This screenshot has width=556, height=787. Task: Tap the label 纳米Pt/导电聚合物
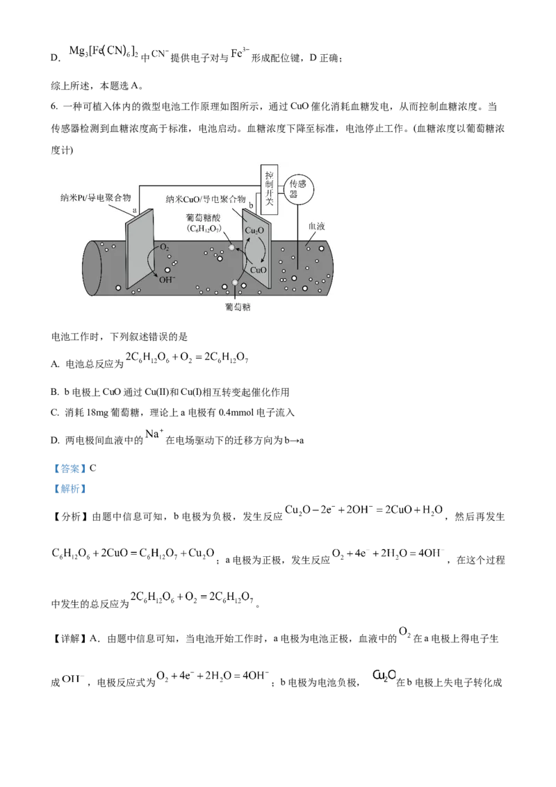coord(95,197)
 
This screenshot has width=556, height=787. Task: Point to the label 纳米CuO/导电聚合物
coord(206,200)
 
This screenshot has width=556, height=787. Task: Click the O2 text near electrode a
coord(165,247)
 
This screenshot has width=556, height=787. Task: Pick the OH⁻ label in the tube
coord(167,280)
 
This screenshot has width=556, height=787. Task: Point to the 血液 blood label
coord(316,227)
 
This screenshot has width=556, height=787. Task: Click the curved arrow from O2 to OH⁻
coord(152,262)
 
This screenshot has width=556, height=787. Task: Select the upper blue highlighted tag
coord(69,469)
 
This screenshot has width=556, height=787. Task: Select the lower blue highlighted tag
coord(69,489)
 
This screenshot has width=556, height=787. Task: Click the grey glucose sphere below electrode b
coord(236,282)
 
